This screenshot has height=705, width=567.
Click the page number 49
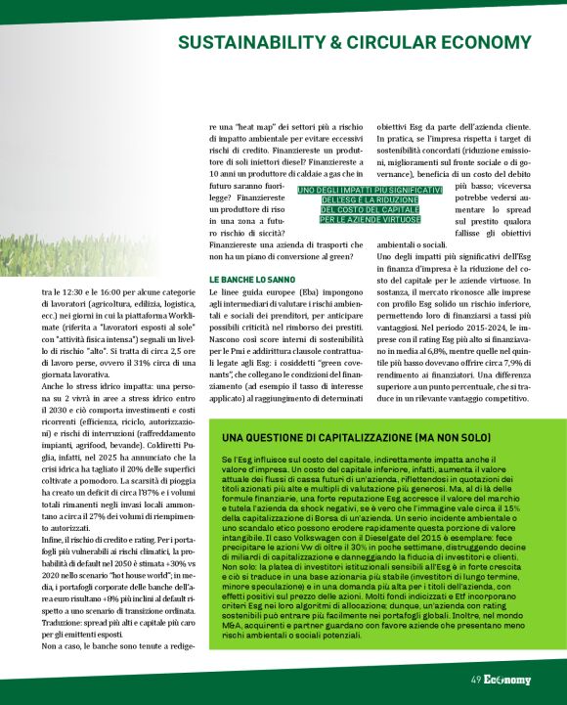(x=475, y=680)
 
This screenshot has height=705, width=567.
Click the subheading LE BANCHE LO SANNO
(x=250, y=280)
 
